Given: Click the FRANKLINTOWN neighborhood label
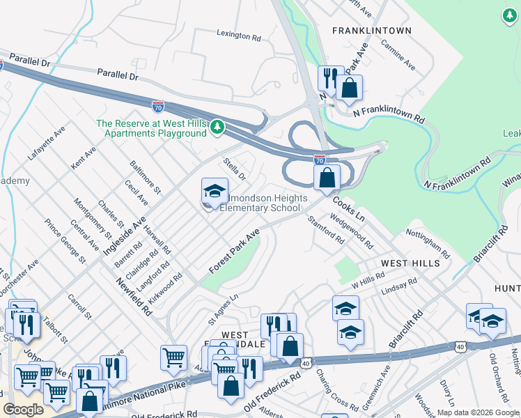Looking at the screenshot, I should point(371,31).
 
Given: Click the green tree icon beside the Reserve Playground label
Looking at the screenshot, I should point(218,127).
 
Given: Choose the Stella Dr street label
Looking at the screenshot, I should point(235,169).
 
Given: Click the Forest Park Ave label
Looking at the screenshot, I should point(234,251).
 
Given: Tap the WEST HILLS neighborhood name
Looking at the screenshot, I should point(410,264).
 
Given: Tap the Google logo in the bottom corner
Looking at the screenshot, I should point(23,410).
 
